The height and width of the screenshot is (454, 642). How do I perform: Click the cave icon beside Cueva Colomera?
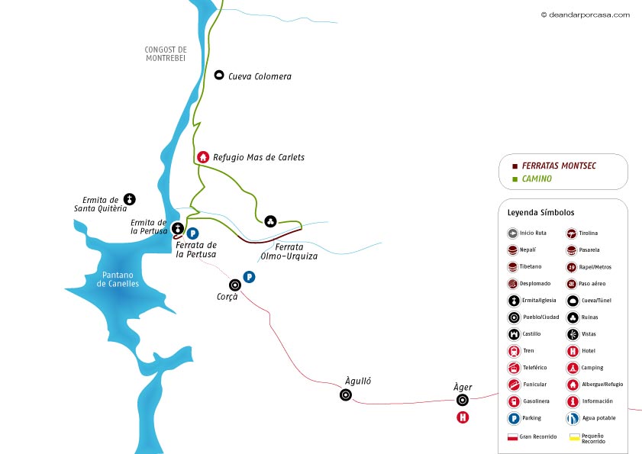219,76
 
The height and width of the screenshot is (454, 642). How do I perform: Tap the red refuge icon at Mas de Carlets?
203,157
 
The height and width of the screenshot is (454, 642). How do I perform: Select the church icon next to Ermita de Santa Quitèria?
130,199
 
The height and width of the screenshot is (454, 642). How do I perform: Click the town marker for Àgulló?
346,394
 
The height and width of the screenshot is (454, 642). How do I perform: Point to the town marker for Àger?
462,401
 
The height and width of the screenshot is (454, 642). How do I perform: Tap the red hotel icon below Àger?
462,417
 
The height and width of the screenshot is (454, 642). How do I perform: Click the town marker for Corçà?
235,285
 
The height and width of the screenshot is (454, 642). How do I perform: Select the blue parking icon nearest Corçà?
248,276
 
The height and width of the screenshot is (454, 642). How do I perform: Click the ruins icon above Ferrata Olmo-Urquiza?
270,221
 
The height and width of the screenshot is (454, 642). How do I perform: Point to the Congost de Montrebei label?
166,54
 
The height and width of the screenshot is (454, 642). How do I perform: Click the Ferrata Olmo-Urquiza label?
289,252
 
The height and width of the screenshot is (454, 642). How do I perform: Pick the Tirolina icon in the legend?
572,233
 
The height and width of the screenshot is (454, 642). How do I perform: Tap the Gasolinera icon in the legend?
514,401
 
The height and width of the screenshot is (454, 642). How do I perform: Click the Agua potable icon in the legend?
572,418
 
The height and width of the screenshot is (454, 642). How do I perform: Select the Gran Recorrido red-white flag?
513,437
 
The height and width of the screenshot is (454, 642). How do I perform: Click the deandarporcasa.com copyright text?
586,14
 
